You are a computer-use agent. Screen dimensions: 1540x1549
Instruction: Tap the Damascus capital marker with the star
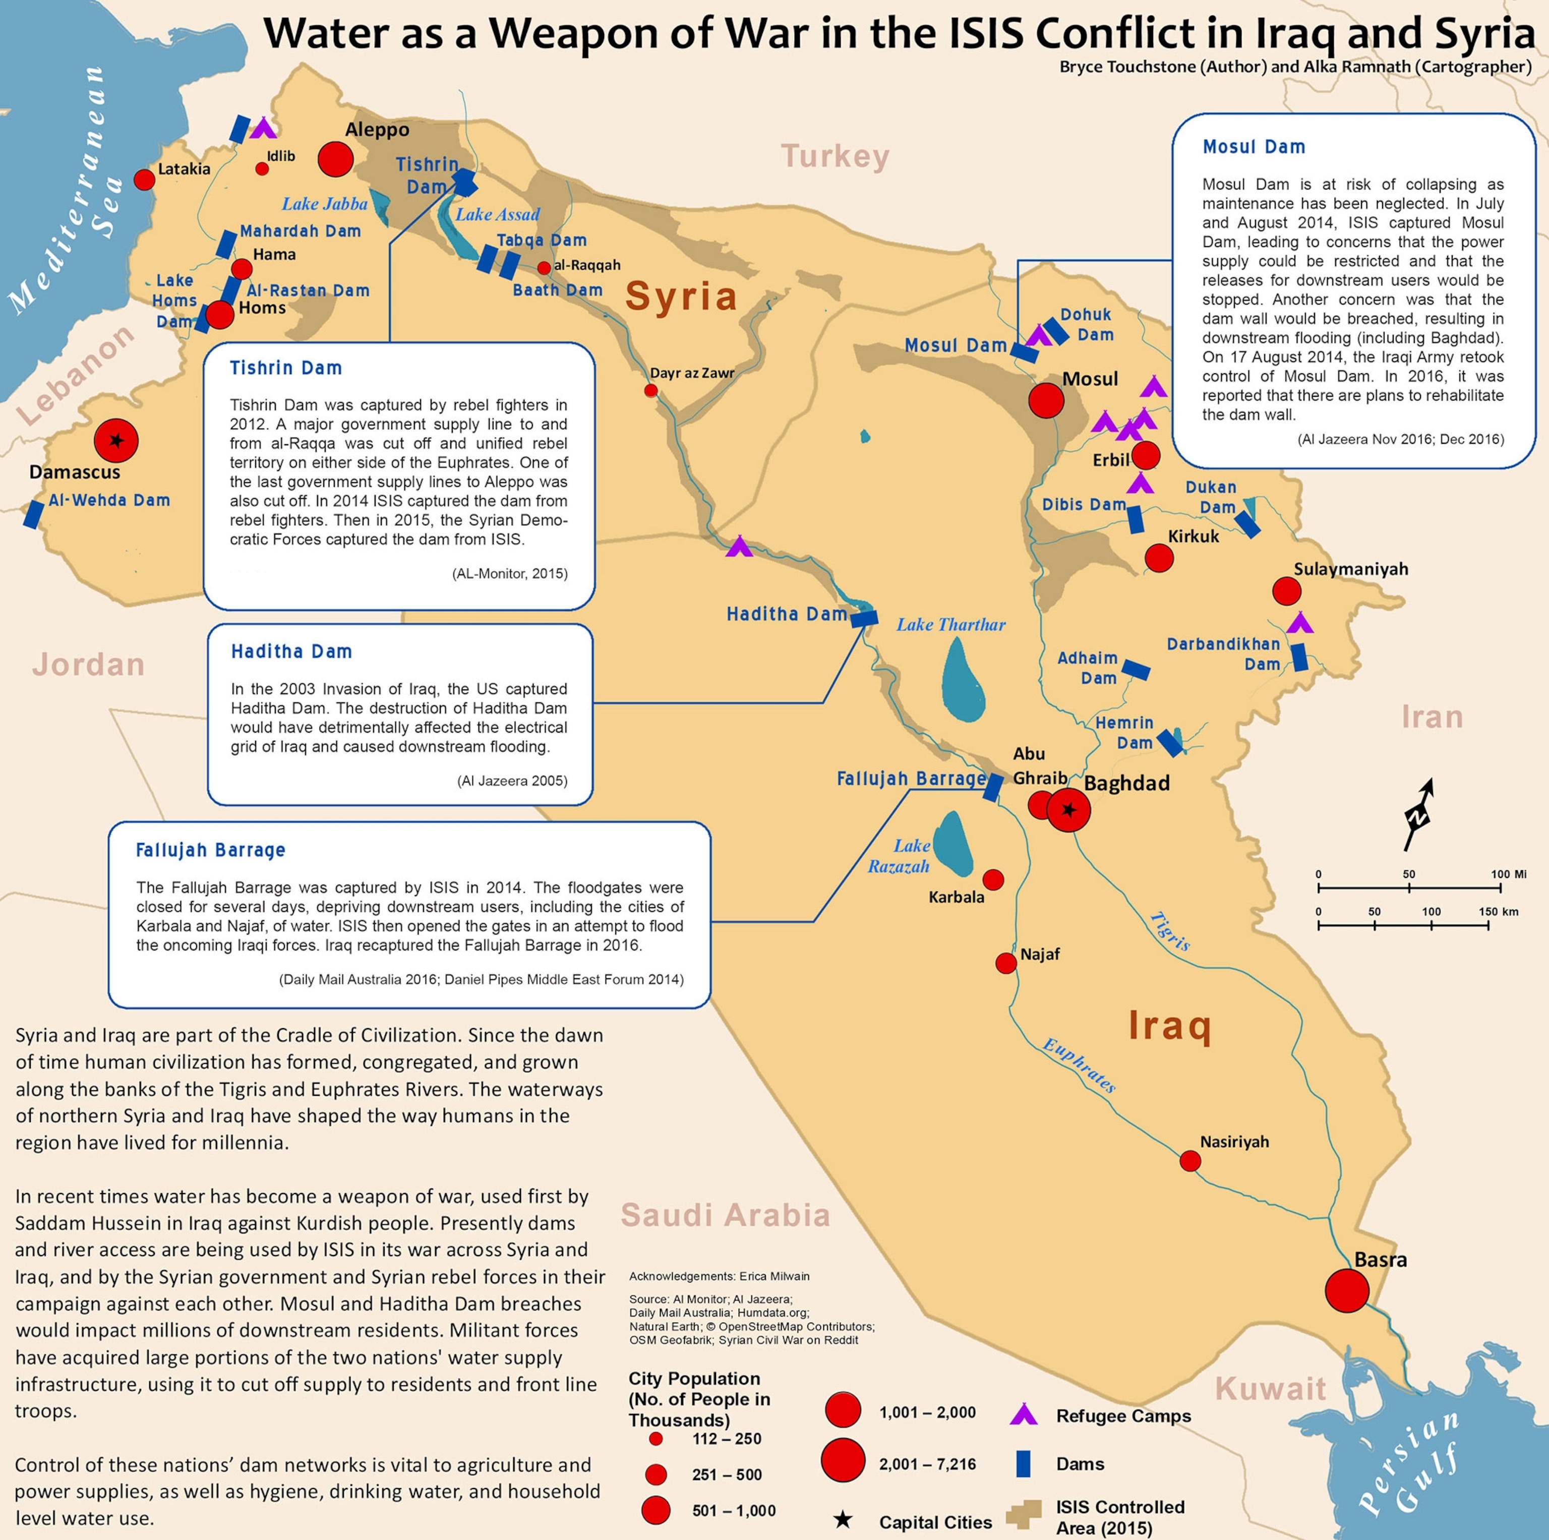tap(116, 440)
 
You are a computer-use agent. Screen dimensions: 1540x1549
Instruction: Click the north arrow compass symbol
tap(1417, 814)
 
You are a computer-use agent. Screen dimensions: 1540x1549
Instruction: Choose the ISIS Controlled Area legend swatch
tap(1024, 1514)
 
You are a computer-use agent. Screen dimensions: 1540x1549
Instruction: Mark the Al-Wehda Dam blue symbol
tap(33, 514)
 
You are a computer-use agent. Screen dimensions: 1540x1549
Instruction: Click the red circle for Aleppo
tap(335, 159)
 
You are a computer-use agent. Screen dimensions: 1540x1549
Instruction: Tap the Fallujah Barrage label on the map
tap(911, 779)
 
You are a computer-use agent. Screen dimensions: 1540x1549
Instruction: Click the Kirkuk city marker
tap(1159, 557)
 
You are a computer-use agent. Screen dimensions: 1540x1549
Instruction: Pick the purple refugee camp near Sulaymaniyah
tap(1299, 623)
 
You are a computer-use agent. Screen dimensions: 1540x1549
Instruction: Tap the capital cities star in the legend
tap(843, 1520)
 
